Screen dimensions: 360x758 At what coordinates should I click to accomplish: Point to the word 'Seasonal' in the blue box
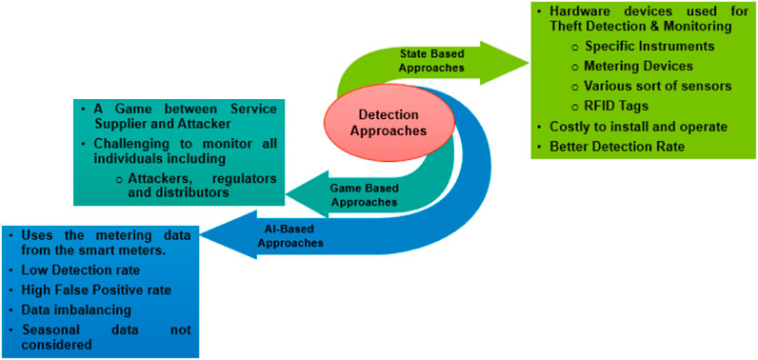46,329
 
